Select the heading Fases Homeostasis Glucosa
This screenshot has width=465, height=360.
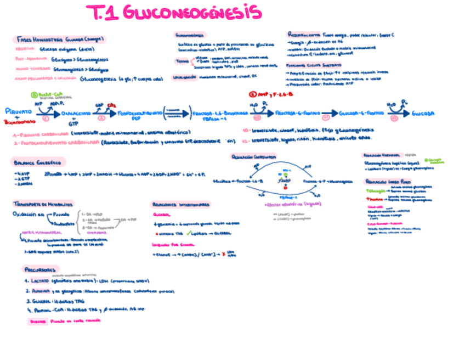click(60, 40)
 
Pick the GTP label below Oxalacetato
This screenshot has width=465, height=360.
click(73, 123)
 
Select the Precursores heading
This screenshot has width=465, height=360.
click(41, 269)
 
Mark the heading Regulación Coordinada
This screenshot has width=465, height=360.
click(254, 156)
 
